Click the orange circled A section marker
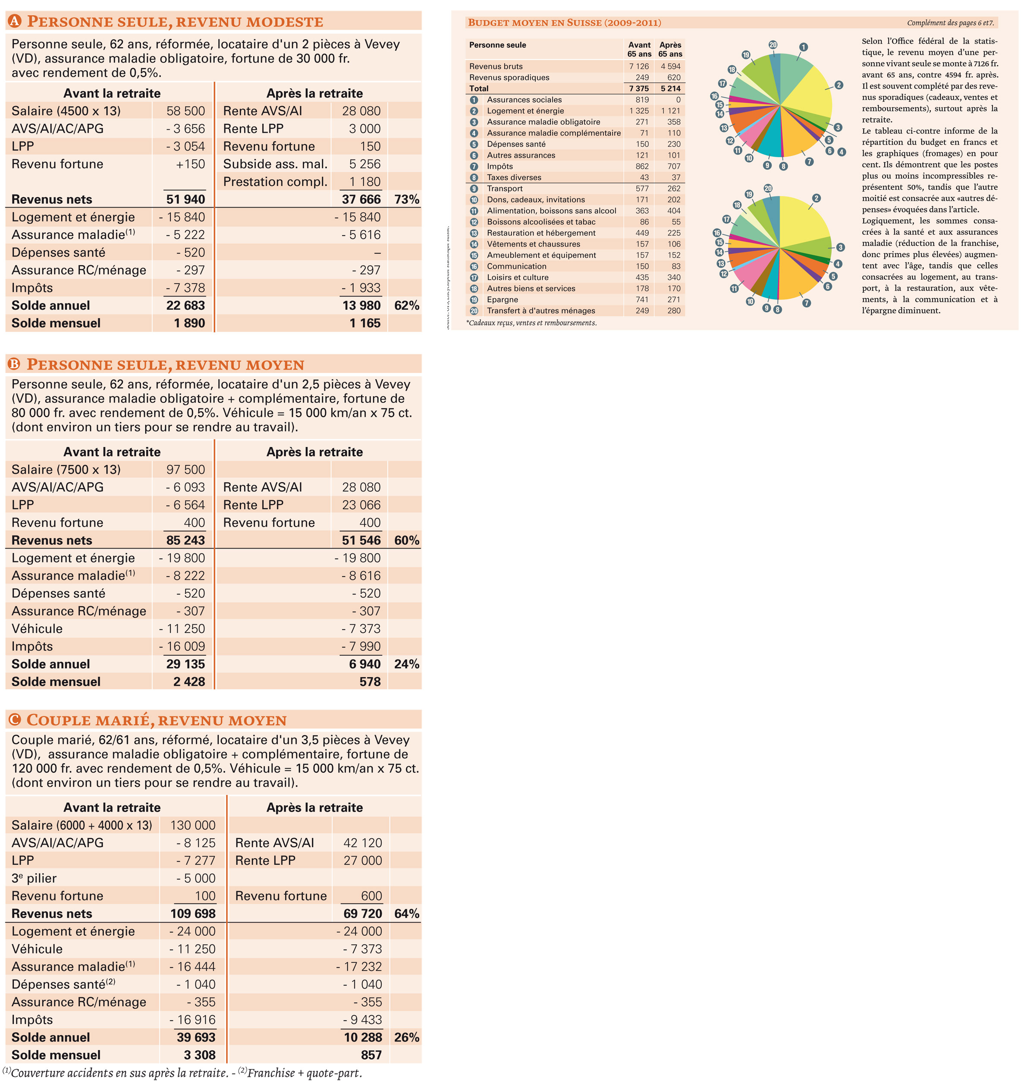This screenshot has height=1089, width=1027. click(x=14, y=21)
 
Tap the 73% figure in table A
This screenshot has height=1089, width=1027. click(x=406, y=199)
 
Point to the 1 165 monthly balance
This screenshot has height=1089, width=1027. click(x=365, y=323)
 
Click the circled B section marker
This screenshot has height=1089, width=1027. click(x=14, y=364)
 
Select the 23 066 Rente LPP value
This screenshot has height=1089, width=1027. click(x=361, y=505)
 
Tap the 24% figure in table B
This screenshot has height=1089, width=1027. click(x=406, y=664)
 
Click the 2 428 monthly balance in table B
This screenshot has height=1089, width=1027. click(x=189, y=682)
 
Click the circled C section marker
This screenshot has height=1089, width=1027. click(x=14, y=719)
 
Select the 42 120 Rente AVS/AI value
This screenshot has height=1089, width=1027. click(x=363, y=843)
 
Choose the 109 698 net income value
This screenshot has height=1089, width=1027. click(x=193, y=914)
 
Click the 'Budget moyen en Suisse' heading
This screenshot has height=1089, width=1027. click(x=565, y=22)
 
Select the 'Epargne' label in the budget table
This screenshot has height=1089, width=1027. click(x=503, y=300)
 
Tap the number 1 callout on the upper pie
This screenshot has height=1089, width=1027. click(x=803, y=47)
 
